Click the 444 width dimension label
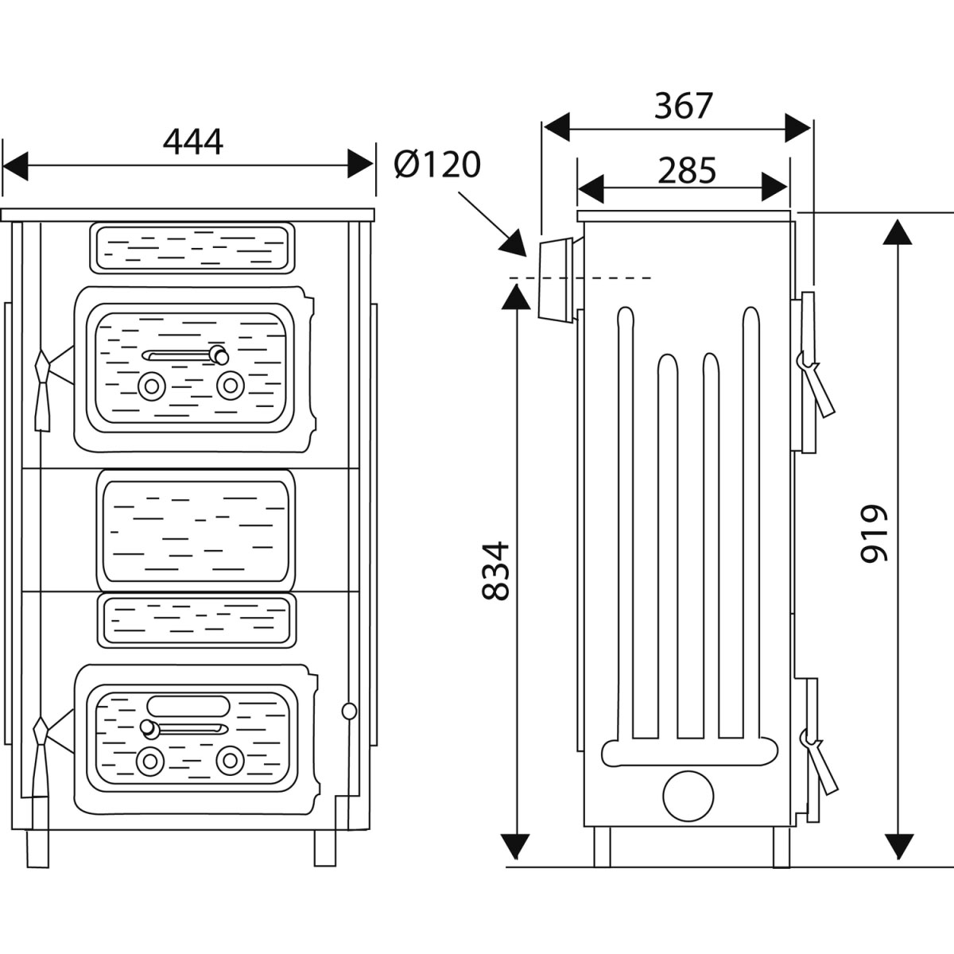pos(193,142)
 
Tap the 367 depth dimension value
pos(684,106)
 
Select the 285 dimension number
pos(687,170)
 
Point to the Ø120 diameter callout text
pos(437,165)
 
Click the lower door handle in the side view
pos(819,762)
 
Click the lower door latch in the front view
pos(40,755)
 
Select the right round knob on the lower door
pos(230,760)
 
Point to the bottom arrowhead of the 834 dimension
pos(517,845)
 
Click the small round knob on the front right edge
pos(347,711)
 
